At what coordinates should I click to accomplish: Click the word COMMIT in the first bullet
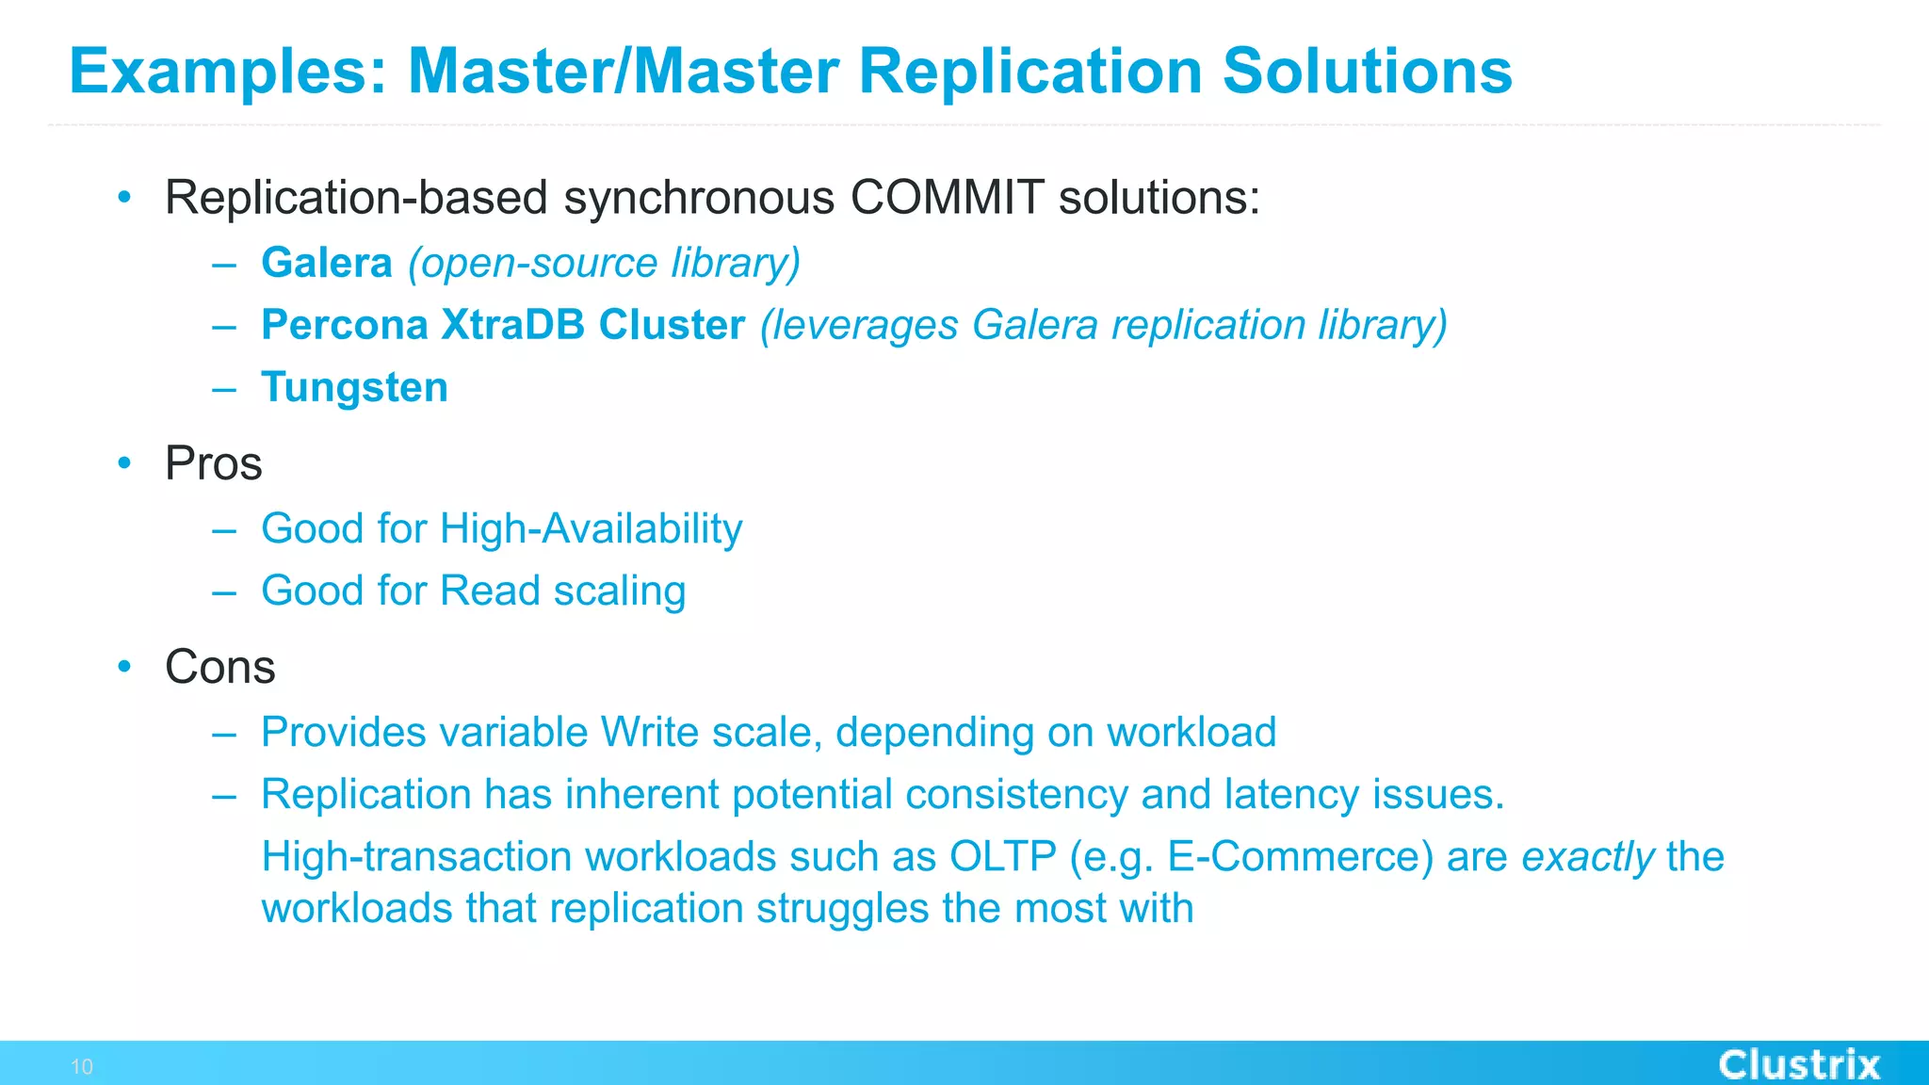[947, 198]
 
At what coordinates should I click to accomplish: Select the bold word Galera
[326, 263]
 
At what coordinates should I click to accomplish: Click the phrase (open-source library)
[604, 263]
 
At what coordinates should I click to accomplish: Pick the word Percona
[344, 325]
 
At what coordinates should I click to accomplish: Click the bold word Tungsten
[354, 387]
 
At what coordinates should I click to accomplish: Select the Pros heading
[213, 463]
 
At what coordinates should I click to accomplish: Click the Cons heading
[219, 667]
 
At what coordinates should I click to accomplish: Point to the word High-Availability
[591, 528]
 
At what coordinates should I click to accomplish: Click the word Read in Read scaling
[490, 591]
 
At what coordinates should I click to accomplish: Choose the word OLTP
[1002, 856]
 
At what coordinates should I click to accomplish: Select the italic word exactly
[1587, 857]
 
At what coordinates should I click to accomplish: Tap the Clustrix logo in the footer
[1798, 1065]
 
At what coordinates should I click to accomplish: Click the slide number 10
[82, 1067]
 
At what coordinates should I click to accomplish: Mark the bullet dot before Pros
[124, 462]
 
